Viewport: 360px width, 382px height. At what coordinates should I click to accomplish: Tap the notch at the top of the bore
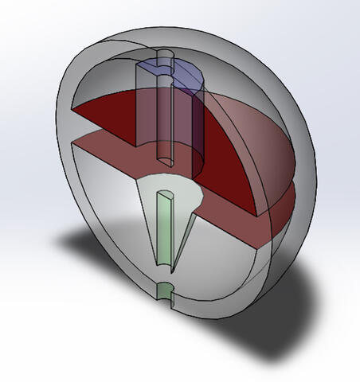[x=165, y=57]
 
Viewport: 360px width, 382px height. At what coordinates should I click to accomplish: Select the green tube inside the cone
[x=163, y=231]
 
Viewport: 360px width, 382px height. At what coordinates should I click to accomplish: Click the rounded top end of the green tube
[x=165, y=194]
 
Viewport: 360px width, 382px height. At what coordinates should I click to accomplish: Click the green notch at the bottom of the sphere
[x=165, y=291]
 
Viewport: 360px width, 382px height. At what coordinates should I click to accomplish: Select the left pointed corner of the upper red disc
[x=73, y=108]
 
